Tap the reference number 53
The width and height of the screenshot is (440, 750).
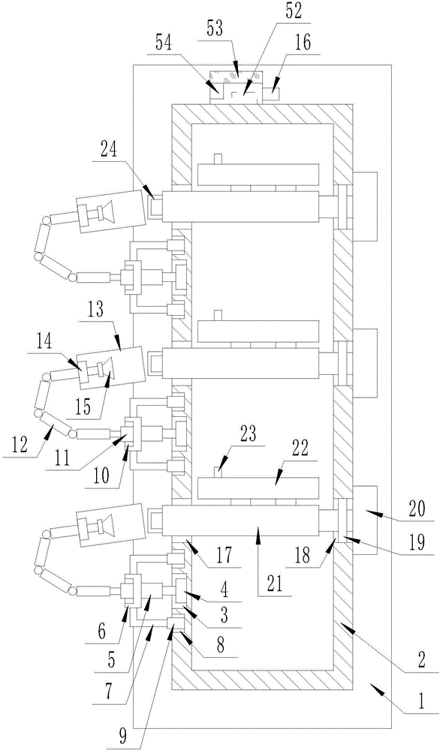tap(215, 28)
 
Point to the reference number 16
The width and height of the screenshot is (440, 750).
tap(303, 42)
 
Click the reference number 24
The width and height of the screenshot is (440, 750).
tap(110, 151)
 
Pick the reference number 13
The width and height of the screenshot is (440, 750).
tap(95, 310)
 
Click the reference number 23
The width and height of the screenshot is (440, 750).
tap(249, 435)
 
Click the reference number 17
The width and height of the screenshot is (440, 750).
tap(224, 556)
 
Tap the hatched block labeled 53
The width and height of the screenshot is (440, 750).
tap(236, 77)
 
